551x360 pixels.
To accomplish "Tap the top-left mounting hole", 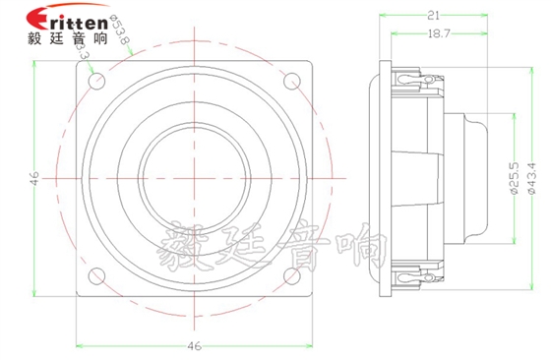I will pyautogui.click(x=96, y=83).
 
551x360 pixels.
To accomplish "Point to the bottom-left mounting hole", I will pyautogui.click(x=96, y=275).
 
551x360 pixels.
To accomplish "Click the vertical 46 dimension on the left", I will pyautogui.click(x=32, y=179).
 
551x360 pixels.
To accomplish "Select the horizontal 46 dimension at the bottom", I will pyautogui.click(x=195, y=346).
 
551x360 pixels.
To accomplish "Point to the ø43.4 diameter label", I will pyautogui.click(x=532, y=179).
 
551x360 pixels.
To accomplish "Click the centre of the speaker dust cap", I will pyautogui.click(x=194, y=179).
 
